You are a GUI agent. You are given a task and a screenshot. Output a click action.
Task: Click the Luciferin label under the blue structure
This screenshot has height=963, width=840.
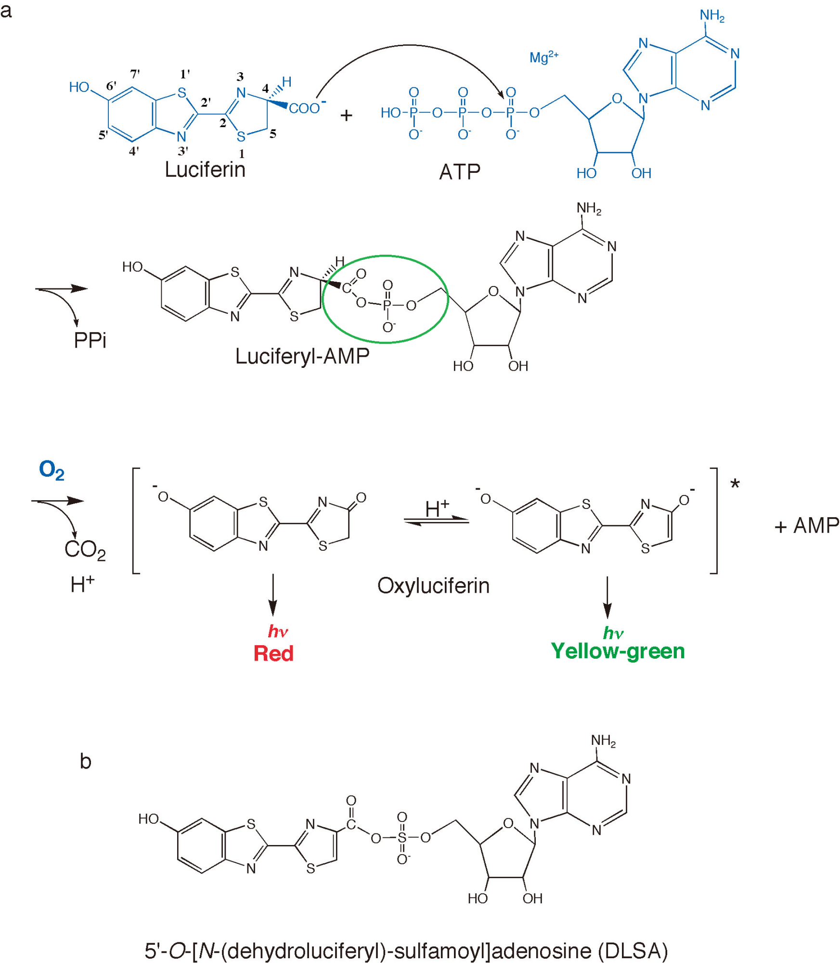(205, 169)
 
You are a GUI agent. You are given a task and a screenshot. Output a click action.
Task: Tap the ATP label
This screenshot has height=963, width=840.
(459, 172)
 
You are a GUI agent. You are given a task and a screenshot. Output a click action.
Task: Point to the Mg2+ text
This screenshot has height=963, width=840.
(543, 57)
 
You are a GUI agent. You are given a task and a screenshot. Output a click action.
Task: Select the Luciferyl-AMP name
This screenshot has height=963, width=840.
(302, 356)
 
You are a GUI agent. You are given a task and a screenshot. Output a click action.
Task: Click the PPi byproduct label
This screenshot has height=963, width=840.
(90, 340)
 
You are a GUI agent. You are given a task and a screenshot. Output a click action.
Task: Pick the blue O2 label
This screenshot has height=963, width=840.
(52, 470)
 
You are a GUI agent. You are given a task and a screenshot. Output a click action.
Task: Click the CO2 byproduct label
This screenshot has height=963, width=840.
(85, 549)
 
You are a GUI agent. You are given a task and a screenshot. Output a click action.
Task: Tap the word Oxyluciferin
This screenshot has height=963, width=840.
(433, 586)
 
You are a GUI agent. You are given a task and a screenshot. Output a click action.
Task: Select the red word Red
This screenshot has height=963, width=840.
(273, 653)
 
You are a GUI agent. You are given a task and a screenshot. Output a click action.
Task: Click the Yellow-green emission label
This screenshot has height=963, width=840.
(618, 651)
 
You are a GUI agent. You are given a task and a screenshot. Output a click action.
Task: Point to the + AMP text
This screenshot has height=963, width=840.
(806, 525)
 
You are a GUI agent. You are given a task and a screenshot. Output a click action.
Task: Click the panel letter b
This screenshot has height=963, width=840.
(85, 761)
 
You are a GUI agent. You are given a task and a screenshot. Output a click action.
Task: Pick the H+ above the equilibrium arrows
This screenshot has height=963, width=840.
(437, 508)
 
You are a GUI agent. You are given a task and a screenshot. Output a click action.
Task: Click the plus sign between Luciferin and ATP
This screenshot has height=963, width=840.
(346, 116)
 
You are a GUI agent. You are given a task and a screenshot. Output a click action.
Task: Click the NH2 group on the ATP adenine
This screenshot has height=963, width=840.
(711, 16)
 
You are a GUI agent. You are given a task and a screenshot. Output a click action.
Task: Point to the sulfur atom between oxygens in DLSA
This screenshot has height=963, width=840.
(402, 837)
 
